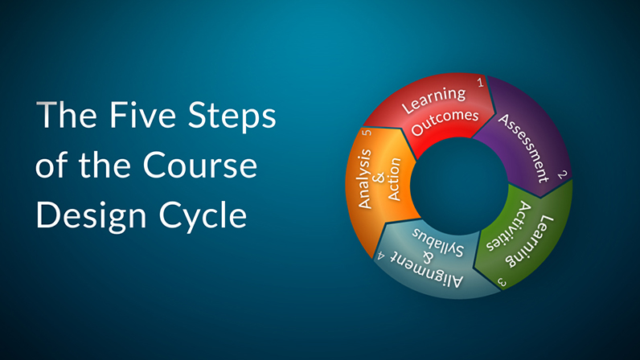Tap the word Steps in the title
pyautogui.click(x=232, y=118)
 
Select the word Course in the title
pyautogui.click(x=199, y=166)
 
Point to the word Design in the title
pyautogui.click(x=92, y=217)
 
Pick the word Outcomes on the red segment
pyautogui.click(x=445, y=122)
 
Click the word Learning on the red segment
pyautogui.click(x=433, y=100)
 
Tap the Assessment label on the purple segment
pyautogui.click(x=523, y=148)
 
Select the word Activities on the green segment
pyautogui.click(x=509, y=225)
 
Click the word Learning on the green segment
pyautogui.click(x=530, y=242)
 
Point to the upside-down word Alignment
pyautogui.click(x=427, y=270)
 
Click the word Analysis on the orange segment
pyautogui.click(x=364, y=179)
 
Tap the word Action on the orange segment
pyautogui.click(x=394, y=179)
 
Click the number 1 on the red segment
pyautogui.click(x=481, y=83)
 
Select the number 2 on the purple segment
pyautogui.click(x=563, y=174)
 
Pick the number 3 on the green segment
pyautogui.click(x=502, y=282)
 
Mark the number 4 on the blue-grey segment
pyautogui.click(x=381, y=256)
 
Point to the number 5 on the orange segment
pyautogui.click(x=367, y=133)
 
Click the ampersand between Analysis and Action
pyautogui.click(x=379, y=178)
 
